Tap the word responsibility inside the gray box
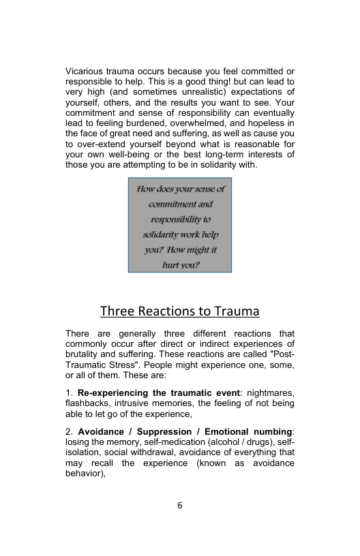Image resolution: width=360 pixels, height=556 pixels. click(x=180, y=219)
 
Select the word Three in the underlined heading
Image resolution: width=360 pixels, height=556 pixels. click(x=117, y=312)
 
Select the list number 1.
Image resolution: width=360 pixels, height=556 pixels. click(x=68, y=393)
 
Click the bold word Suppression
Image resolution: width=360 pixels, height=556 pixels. click(x=158, y=432)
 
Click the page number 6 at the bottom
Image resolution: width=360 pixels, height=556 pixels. click(x=180, y=506)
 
